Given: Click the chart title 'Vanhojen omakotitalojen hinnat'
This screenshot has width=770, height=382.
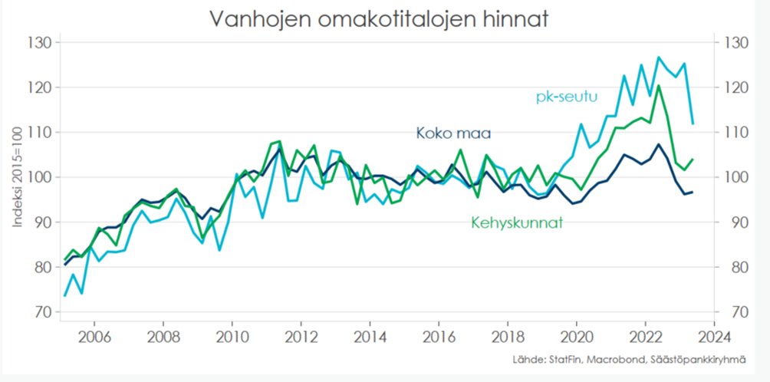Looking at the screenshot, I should pyautogui.click(x=379, y=18).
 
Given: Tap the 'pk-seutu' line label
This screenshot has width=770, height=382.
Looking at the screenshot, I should pyautogui.click(x=566, y=97).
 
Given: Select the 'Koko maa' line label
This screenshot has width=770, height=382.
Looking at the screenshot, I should pyautogui.click(x=452, y=133).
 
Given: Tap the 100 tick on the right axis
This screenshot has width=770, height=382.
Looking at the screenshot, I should pyautogui.click(x=729, y=177).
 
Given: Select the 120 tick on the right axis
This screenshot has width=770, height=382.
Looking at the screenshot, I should pyautogui.click(x=729, y=87).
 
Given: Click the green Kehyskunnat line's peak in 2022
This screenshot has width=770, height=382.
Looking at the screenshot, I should pyautogui.click(x=658, y=85).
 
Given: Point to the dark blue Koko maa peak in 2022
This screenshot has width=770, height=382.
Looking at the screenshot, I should pyautogui.click(x=658, y=144).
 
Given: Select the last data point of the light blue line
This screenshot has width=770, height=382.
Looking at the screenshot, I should pyautogui.click(x=693, y=123).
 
